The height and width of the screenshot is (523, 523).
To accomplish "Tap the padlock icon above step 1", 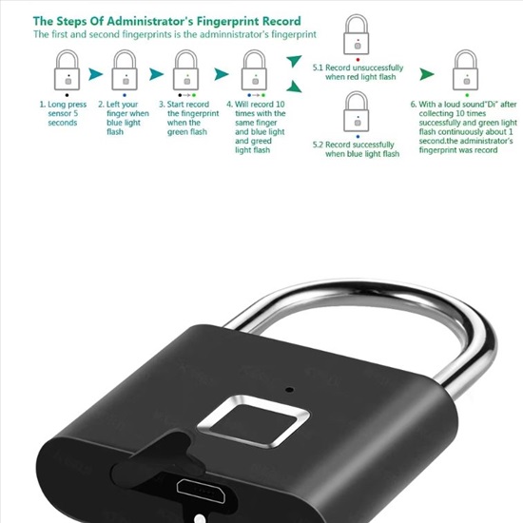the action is coord(68,70).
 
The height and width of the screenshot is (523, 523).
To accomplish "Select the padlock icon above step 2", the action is coord(125,70).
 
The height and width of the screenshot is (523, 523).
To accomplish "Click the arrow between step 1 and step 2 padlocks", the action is coord(95,74).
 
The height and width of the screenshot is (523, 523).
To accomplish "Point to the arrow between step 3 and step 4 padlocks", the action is coord(221,74).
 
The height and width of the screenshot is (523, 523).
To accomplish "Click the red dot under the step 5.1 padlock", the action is coord(358,60).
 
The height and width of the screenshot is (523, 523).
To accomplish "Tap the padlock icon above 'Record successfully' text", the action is coord(357,112).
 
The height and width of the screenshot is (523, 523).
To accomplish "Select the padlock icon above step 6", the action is coord(465,70).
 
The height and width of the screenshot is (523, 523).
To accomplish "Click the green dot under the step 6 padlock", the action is coord(467,95).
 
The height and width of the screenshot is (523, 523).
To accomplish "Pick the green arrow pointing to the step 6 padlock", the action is coord(427,74).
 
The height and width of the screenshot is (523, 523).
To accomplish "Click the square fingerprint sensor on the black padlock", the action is coord(254,420).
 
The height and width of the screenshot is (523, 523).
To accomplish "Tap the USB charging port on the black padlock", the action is coord(201,490).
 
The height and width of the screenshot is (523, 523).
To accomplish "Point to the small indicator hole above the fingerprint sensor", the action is coord(290,390).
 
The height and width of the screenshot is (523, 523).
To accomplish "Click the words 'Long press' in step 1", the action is coord(68,105).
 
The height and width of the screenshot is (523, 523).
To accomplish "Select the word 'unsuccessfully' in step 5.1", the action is coord(378,68).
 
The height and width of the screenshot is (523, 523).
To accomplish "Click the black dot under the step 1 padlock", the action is coord(68,95).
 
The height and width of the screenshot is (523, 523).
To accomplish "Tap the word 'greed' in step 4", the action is coord(261,141).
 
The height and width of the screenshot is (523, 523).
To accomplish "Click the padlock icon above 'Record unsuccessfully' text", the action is coord(357,34).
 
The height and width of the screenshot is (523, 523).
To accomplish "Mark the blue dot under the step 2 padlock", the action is coord(125,95).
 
